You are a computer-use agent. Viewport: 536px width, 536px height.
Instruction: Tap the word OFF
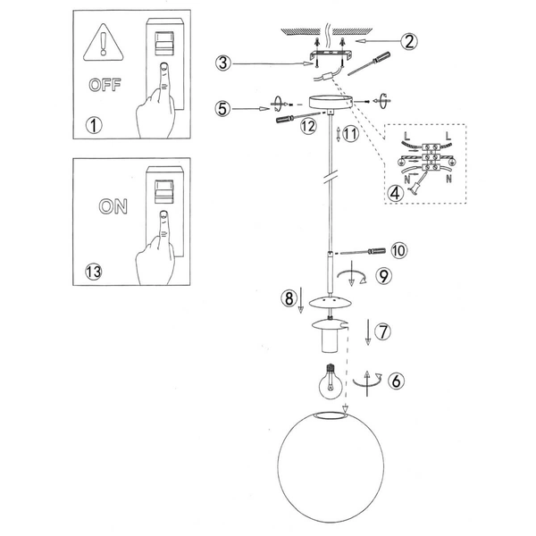105,85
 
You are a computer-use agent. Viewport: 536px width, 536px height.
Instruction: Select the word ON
113,206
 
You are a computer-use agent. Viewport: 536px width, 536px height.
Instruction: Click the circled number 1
94,125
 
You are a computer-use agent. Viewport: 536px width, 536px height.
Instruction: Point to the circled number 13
93,272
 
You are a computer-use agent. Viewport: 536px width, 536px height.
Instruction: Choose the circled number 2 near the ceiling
409,41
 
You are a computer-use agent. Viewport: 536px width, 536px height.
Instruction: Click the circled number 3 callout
223,63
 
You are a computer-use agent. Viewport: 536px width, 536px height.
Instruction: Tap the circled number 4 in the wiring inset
395,194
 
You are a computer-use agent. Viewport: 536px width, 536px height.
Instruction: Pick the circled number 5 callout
222,109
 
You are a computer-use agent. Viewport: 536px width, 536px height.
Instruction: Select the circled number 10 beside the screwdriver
399,250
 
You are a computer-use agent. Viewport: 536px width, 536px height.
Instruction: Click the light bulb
331,381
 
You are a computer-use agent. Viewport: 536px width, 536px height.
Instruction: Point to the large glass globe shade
331,466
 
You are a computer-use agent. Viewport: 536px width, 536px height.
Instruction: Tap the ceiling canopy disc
331,103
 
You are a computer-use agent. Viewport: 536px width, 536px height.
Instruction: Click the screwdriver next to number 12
298,116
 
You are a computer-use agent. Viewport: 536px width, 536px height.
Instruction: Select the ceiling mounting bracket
330,54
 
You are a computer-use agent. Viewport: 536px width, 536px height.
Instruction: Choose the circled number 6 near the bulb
397,381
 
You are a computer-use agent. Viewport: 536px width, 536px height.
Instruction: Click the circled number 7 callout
383,331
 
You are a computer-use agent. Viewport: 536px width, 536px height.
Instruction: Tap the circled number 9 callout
383,275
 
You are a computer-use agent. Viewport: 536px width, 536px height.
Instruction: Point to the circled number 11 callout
350,134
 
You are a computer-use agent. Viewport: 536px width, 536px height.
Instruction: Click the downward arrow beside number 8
300,300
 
